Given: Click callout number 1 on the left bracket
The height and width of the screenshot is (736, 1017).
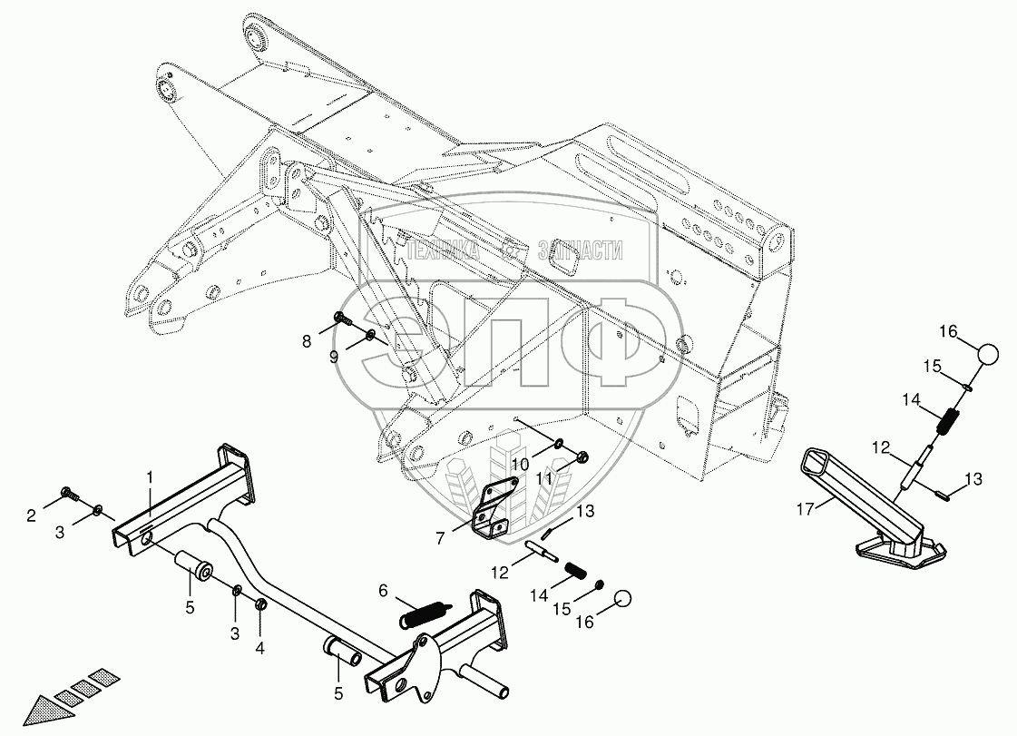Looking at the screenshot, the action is point(152,476).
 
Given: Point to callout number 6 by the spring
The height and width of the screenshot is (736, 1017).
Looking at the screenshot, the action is point(383,591).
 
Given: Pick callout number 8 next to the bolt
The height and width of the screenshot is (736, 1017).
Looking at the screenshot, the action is point(307,342).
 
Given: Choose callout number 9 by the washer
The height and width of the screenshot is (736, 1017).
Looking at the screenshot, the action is point(334,358).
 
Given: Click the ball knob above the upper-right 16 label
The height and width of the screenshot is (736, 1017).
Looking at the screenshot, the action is point(989,353).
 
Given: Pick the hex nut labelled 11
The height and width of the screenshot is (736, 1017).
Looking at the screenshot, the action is point(584,455).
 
